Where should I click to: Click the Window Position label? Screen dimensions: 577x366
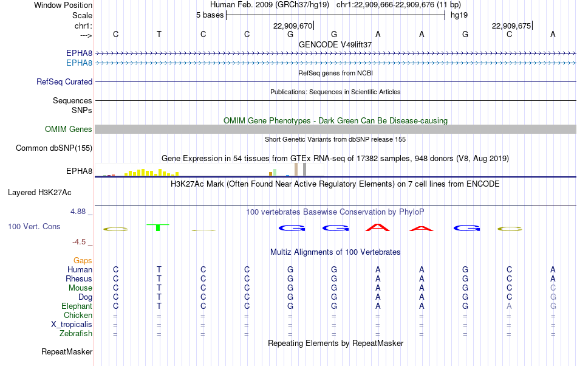point(63,5)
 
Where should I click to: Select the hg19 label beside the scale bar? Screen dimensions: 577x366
point(459,15)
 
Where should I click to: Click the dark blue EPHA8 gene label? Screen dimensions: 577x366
point(79,53)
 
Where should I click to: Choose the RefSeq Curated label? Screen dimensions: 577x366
point(64,81)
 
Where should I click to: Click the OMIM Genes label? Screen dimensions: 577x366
point(69,129)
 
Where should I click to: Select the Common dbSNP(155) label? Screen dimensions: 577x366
point(54,148)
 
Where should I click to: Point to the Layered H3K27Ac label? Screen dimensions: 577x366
point(39,193)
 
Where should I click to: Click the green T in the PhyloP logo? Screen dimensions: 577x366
point(158,227)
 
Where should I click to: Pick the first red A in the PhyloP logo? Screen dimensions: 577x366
point(378,227)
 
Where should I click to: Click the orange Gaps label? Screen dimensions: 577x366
point(83,261)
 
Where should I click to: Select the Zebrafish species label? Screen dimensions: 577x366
point(76,334)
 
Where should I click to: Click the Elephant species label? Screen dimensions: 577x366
point(77,306)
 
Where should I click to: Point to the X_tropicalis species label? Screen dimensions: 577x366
point(72,325)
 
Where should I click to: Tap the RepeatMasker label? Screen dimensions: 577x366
point(67,351)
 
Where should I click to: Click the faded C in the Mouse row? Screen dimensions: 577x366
point(553,288)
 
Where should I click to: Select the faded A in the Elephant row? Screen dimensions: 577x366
point(509,306)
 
